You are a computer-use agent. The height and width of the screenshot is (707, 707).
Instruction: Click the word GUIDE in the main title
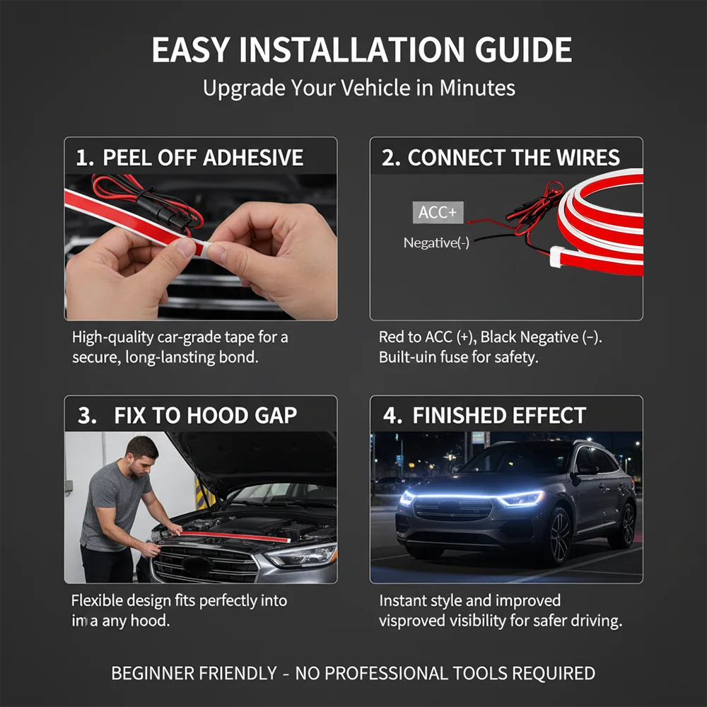[x=523, y=49]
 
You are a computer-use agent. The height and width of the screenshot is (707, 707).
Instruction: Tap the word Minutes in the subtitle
[x=477, y=88]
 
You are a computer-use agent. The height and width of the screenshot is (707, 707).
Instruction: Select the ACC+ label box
[x=438, y=212]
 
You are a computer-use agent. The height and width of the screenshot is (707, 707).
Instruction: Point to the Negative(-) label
[x=436, y=243]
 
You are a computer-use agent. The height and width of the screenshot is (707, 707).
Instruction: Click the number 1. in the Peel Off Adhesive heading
[x=86, y=158]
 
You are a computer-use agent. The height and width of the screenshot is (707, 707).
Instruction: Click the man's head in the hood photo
[x=143, y=452]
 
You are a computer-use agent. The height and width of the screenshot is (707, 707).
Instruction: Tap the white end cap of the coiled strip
[x=556, y=257]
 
